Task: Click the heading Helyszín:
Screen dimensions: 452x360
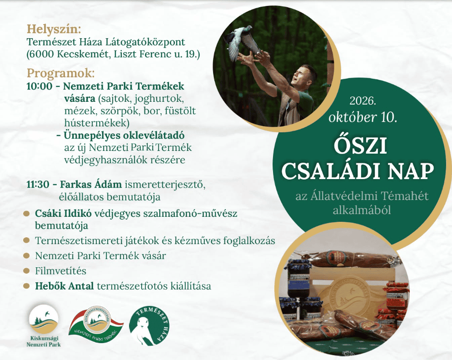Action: click(x=54, y=30)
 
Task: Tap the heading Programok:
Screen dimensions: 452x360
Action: click(x=60, y=73)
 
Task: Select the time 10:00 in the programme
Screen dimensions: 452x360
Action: click(x=40, y=86)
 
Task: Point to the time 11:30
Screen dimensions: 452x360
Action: click(x=38, y=185)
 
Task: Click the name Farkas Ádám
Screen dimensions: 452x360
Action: click(x=90, y=184)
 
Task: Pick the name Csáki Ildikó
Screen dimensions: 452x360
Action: click(x=63, y=214)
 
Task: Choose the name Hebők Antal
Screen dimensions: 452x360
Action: click(x=65, y=286)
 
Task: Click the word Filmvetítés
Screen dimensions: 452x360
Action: click(x=60, y=271)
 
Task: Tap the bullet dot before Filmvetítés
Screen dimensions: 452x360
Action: click(x=26, y=271)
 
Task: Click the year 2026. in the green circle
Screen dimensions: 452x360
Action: click(x=363, y=100)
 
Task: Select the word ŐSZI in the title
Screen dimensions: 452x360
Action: click(x=360, y=146)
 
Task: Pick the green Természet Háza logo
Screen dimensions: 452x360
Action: click(x=149, y=326)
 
